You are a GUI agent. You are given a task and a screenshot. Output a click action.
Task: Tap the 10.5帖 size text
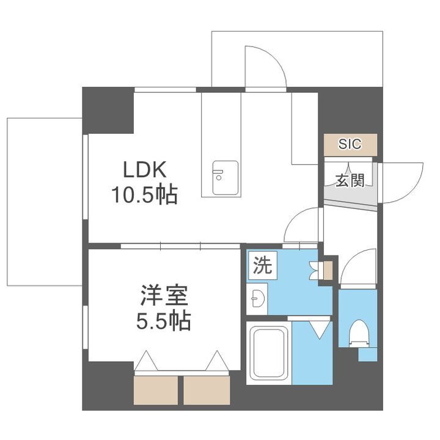click(x=144, y=195)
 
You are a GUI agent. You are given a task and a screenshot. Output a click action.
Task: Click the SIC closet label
click(x=350, y=144)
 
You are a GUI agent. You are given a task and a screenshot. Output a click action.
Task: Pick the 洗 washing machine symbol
click(x=261, y=266)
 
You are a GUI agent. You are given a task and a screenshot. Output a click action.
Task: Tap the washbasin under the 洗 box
click(x=257, y=299)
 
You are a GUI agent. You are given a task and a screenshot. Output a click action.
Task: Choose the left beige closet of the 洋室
click(x=156, y=388)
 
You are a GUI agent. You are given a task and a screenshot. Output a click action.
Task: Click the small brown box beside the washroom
click(x=328, y=269)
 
